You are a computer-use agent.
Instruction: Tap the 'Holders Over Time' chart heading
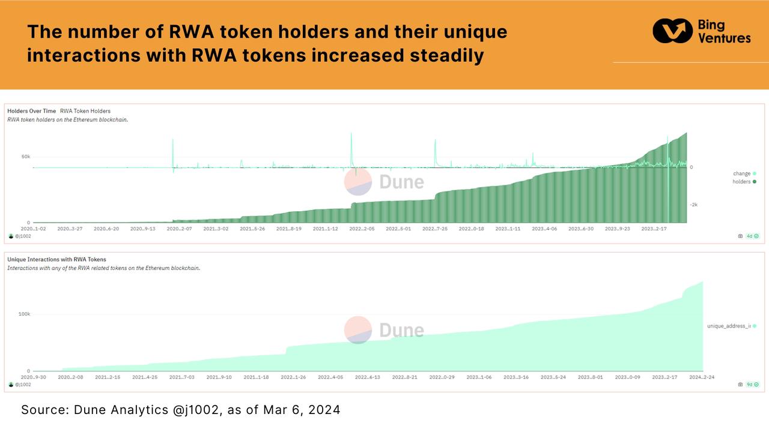coord(31,111)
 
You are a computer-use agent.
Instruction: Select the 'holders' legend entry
coord(744,181)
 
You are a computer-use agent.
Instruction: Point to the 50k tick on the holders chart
coord(25,157)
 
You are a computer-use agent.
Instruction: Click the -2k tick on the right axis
coord(693,205)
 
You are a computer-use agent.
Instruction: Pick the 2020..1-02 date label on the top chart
coord(34,229)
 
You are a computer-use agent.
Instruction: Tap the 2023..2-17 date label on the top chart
coord(655,229)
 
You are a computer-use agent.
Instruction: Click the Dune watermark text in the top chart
coord(401,182)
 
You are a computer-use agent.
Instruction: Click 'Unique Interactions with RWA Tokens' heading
coord(56,259)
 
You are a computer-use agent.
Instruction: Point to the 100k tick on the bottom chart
coord(23,314)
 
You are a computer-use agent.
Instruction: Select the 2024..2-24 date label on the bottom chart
coord(701,377)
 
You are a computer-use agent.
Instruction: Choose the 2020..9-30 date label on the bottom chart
coord(34,377)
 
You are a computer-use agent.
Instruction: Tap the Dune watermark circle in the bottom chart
coord(357,329)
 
